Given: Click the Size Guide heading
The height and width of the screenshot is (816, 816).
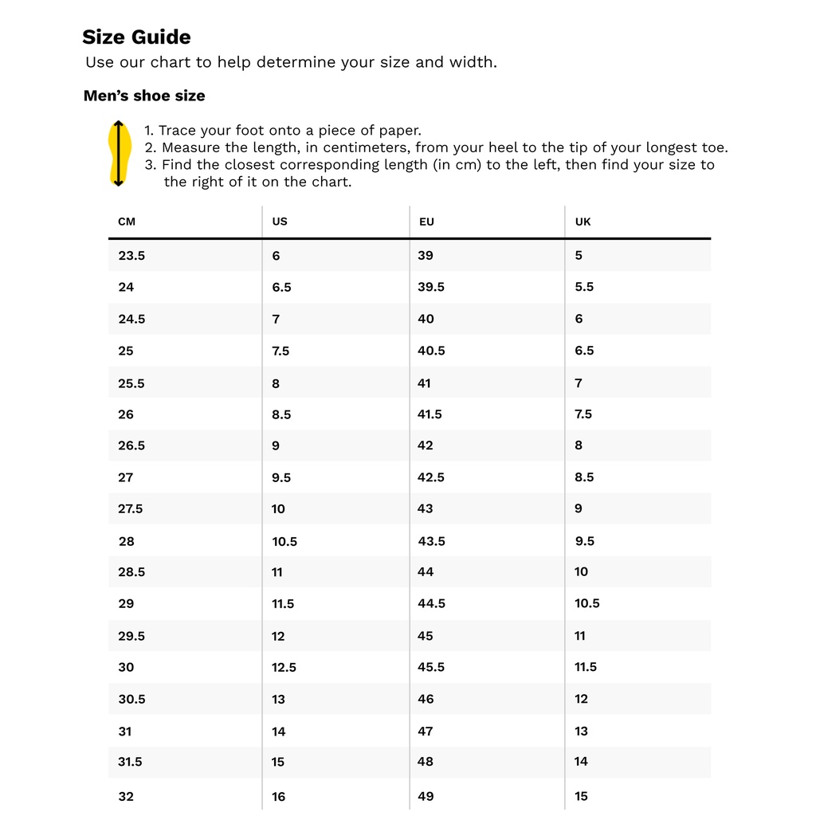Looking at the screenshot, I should [x=136, y=37].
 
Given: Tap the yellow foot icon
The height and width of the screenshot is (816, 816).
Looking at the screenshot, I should [x=118, y=153].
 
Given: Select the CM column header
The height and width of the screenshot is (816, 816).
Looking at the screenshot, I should [x=127, y=222].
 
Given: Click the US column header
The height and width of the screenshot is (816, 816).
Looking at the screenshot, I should [x=280, y=222].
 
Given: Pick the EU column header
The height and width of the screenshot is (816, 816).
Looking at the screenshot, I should [x=426, y=222].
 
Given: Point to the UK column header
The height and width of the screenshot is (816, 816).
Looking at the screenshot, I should [x=583, y=222].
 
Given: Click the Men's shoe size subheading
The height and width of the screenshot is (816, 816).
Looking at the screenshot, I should [x=144, y=96].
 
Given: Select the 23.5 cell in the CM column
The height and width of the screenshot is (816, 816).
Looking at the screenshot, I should [x=131, y=256].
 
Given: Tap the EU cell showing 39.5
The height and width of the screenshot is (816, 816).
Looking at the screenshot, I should [x=431, y=287].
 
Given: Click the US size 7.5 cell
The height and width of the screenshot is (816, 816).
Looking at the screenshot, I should [x=280, y=351].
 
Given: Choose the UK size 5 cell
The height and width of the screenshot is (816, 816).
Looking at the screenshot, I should [x=579, y=256].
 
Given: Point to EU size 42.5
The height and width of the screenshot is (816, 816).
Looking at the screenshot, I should [x=431, y=477].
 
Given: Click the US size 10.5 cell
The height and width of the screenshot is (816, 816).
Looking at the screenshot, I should [x=284, y=541].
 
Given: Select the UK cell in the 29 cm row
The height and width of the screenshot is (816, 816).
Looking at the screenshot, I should [x=587, y=603].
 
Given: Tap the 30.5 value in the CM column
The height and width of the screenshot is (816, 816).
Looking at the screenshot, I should [x=131, y=699].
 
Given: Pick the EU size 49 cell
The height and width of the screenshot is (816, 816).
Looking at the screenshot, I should [x=426, y=796].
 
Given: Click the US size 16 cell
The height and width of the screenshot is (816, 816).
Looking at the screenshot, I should [x=278, y=796].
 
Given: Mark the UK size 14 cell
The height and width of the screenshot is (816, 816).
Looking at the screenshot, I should [x=581, y=762].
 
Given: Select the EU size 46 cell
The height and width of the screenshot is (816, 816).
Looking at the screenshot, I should [x=426, y=699].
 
